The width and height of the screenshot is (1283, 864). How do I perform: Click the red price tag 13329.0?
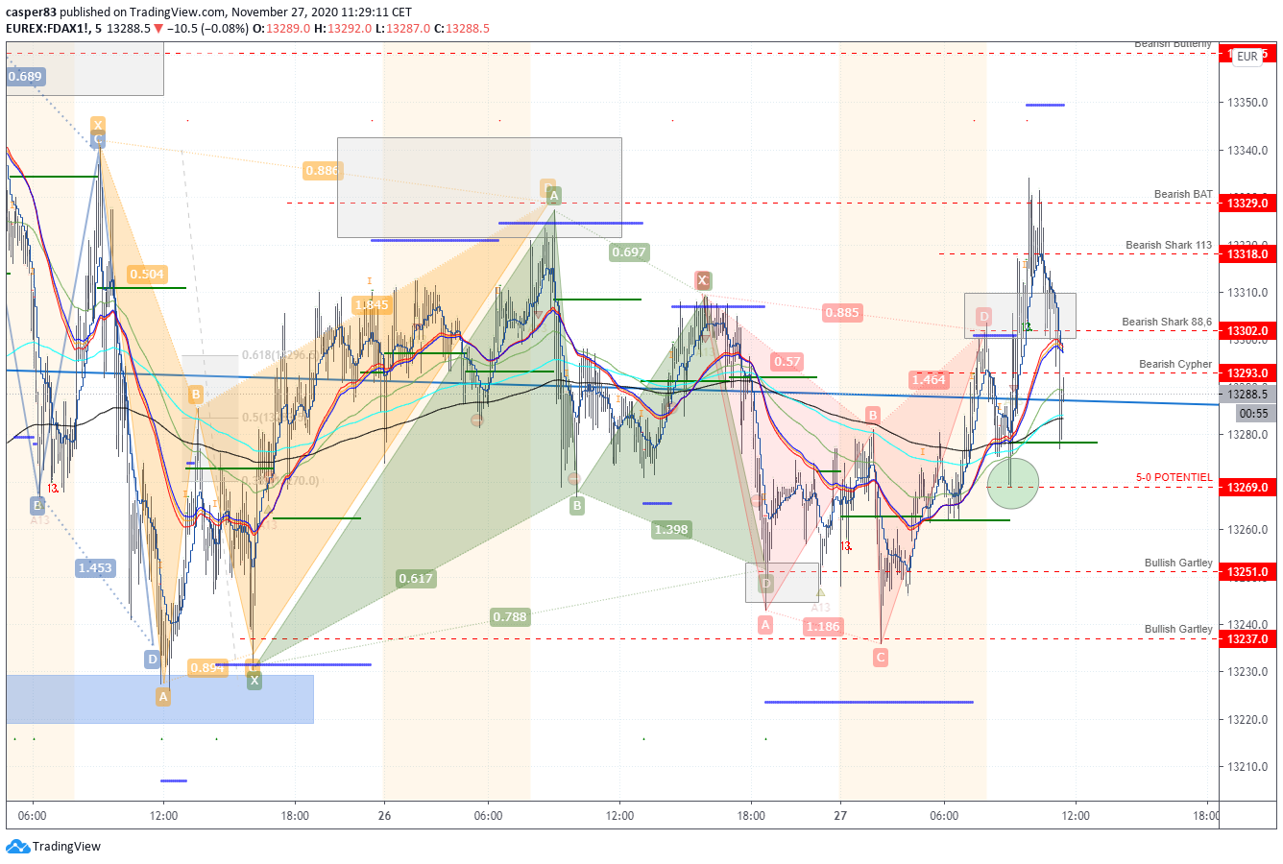click(1247, 204)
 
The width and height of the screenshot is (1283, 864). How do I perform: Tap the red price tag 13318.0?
click(1247, 254)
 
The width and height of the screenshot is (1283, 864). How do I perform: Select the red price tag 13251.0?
click(1247, 572)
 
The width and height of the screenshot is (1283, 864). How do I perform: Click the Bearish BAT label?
click(1183, 195)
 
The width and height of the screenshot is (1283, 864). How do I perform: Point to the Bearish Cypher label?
click(1175, 365)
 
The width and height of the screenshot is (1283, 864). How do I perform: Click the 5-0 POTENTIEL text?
click(1174, 478)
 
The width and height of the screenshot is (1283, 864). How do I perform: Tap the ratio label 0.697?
click(629, 252)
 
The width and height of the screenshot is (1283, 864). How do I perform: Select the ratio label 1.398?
click(671, 530)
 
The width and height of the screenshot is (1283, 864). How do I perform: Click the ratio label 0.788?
click(509, 617)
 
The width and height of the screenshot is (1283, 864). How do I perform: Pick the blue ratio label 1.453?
click(95, 568)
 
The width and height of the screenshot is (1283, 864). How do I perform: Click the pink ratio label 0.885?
click(842, 313)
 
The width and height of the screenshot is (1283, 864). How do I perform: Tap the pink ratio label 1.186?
click(823, 627)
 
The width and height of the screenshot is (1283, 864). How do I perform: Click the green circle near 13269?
click(1013, 483)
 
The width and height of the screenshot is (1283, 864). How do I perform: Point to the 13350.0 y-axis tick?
click(1247, 103)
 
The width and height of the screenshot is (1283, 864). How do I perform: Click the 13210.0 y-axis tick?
click(1247, 767)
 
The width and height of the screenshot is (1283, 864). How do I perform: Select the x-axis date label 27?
click(840, 816)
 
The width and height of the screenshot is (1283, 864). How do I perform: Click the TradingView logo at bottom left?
click(54, 847)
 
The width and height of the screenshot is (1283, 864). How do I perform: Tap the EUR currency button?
click(1247, 57)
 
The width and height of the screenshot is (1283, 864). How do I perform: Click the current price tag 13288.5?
click(1247, 395)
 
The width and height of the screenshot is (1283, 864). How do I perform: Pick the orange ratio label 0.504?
click(147, 275)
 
